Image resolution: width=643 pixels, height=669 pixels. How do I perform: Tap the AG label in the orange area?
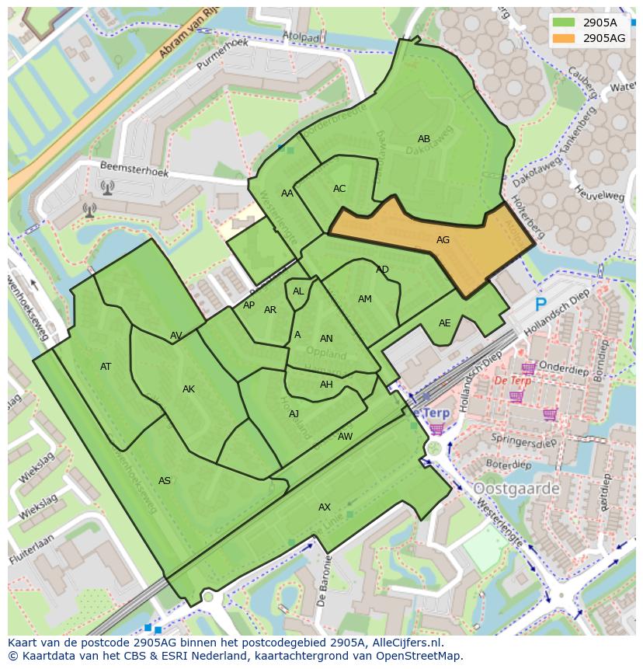tap(443, 240)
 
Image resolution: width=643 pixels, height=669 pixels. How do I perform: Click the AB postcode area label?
tap(424, 139)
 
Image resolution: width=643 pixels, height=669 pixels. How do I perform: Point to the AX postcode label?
tap(325, 507)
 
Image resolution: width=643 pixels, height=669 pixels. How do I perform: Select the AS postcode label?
tap(165, 481)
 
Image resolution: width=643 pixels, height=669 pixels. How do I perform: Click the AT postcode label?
tap(106, 367)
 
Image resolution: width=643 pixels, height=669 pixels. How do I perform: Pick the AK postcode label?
tap(189, 389)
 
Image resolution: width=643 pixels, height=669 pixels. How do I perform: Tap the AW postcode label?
tap(345, 437)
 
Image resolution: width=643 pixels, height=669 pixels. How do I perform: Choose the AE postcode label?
tap(444, 323)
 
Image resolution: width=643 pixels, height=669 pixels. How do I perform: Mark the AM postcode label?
tap(365, 299)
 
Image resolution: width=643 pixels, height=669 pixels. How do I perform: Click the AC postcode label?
tap(339, 189)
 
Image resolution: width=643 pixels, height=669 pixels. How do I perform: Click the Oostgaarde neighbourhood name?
tap(516, 489)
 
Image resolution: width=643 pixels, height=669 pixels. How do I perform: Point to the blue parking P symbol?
tap(540, 305)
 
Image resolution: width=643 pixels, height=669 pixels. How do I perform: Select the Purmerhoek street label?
tap(222, 54)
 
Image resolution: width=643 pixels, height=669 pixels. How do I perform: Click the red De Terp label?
tap(513, 381)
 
